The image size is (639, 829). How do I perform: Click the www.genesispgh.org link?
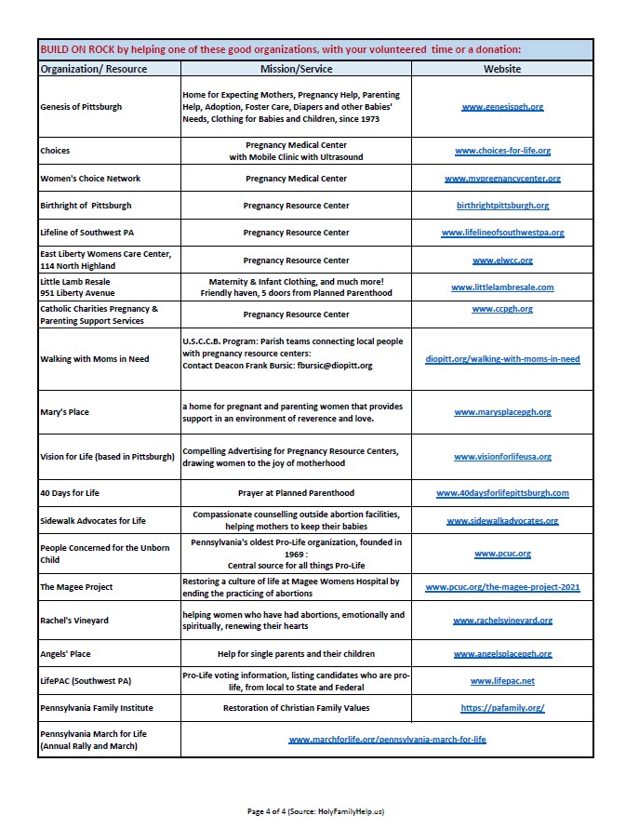pyautogui.click(x=502, y=107)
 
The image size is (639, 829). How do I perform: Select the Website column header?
pyautogui.click(x=502, y=69)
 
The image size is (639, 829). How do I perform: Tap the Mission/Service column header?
pyautogui.click(x=296, y=69)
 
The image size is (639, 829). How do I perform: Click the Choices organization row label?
pyautogui.click(x=55, y=151)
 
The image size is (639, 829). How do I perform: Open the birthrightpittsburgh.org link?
pyautogui.click(x=502, y=206)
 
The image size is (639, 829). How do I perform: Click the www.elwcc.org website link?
pyautogui.click(x=502, y=261)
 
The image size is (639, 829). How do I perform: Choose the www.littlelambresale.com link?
pyautogui.click(x=502, y=287)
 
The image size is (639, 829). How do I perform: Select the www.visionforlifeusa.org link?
pyautogui.click(x=502, y=457)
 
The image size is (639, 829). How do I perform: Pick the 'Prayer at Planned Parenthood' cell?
pyautogui.click(x=296, y=493)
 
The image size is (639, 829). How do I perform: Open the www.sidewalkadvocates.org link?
pyautogui.click(x=502, y=521)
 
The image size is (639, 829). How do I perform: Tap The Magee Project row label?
pyautogui.click(x=76, y=588)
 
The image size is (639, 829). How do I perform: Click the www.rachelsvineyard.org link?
pyautogui.click(x=502, y=621)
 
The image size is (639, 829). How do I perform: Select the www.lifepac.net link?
pyautogui.click(x=502, y=681)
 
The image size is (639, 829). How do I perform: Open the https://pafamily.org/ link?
pyautogui.click(x=502, y=708)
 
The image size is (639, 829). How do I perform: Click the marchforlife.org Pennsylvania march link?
pyautogui.click(x=387, y=740)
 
